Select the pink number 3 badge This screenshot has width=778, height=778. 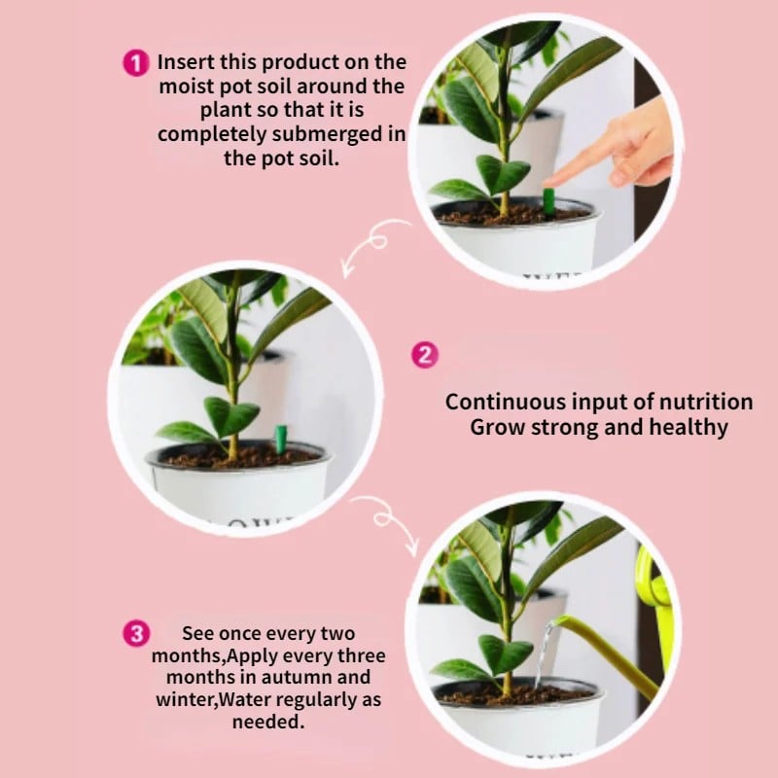click(137, 635)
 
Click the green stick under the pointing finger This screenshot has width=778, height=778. click(548, 202)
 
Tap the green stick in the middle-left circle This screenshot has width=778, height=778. click(280, 439)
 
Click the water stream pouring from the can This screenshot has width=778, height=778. click(543, 654)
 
